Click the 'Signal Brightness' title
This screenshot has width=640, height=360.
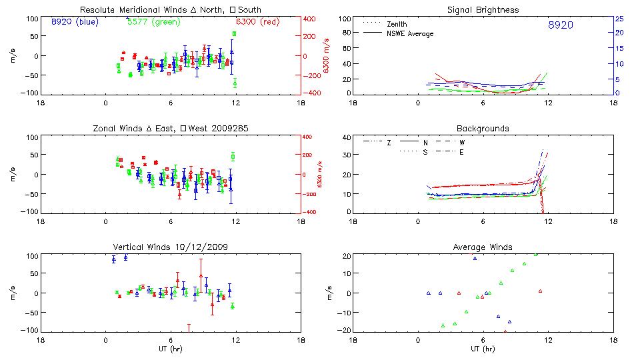483,10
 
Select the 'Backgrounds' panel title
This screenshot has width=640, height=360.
483,128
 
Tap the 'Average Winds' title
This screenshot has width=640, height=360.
483,247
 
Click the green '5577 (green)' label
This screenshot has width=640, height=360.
151,21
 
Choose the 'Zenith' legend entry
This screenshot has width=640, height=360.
397,24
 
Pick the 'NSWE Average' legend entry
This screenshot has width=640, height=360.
410,33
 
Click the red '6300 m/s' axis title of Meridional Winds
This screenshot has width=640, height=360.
327,56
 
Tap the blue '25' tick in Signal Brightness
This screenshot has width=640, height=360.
619,19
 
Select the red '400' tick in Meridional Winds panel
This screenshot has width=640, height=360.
311,19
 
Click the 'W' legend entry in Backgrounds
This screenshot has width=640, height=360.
461,143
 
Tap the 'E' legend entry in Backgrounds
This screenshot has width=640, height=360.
461,152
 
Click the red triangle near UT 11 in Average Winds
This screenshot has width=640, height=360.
541,291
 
